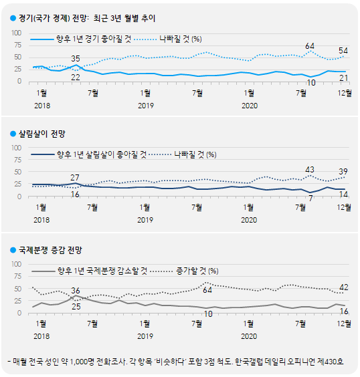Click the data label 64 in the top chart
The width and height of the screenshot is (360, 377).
pos(310,46)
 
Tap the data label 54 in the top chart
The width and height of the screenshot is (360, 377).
pos(343,51)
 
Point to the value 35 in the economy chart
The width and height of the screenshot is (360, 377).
pos(76,59)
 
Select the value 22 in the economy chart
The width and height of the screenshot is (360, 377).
pos(76,78)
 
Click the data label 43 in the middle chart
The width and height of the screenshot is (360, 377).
pos(310,170)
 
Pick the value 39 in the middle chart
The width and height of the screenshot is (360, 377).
pos(343,172)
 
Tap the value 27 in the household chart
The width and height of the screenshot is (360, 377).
pos(75,177)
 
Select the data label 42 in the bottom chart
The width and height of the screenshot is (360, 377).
pos(343,287)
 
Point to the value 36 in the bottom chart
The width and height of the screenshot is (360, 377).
pos(76,290)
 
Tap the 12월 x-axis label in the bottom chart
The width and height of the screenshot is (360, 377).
pos(344,324)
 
